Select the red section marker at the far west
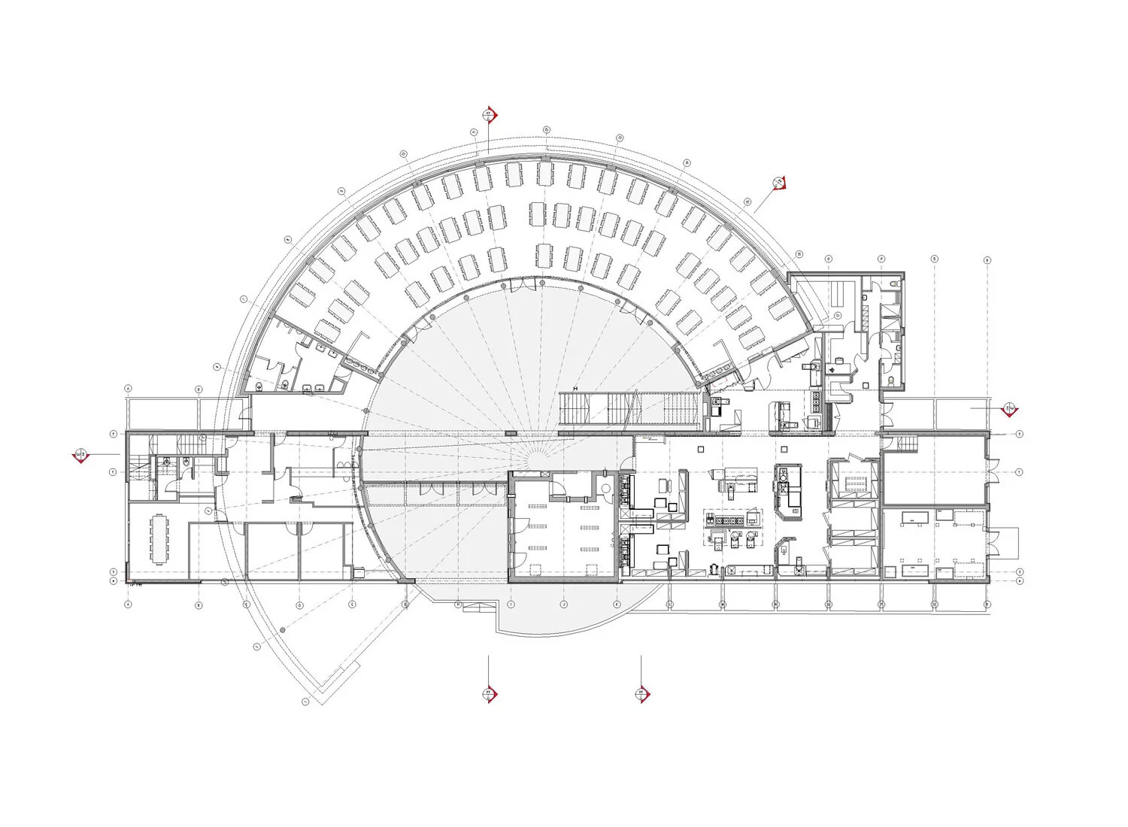(82, 455)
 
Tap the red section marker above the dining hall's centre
(489, 116)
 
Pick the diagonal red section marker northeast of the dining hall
(781, 182)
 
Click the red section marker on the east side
(1010, 410)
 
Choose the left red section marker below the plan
(489, 693)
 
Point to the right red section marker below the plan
(641, 693)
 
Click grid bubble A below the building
(128, 604)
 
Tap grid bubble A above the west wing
(128, 389)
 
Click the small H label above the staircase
(575, 388)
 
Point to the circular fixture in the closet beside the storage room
(606, 488)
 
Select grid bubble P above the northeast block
(881, 259)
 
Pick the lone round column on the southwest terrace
(283, 629)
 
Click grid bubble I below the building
(511, 604)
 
